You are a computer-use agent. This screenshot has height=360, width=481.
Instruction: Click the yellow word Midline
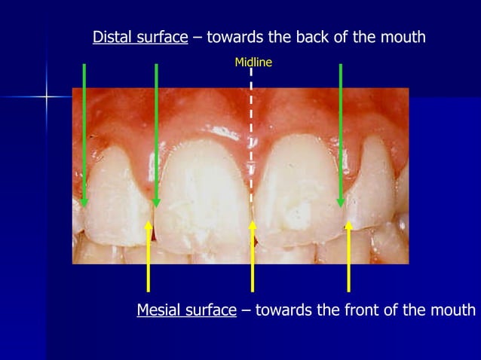click(253, 63)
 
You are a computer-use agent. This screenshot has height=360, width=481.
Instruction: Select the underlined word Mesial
click(158, 310)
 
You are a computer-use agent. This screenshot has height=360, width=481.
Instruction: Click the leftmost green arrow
click(84, 136)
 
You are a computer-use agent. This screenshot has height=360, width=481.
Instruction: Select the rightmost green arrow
click(341, 136)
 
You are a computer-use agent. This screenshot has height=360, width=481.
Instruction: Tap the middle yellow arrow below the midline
click(253, 256)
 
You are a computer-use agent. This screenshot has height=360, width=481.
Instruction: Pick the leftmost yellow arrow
click(149, 256)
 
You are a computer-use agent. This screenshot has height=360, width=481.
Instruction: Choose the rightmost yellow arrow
click(348, 256)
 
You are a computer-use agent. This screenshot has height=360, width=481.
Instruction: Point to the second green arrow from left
click(156, 136)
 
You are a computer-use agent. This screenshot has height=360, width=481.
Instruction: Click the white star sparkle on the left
click(47, 96)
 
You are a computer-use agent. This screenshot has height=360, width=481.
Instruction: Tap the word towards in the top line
click(231, 37)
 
